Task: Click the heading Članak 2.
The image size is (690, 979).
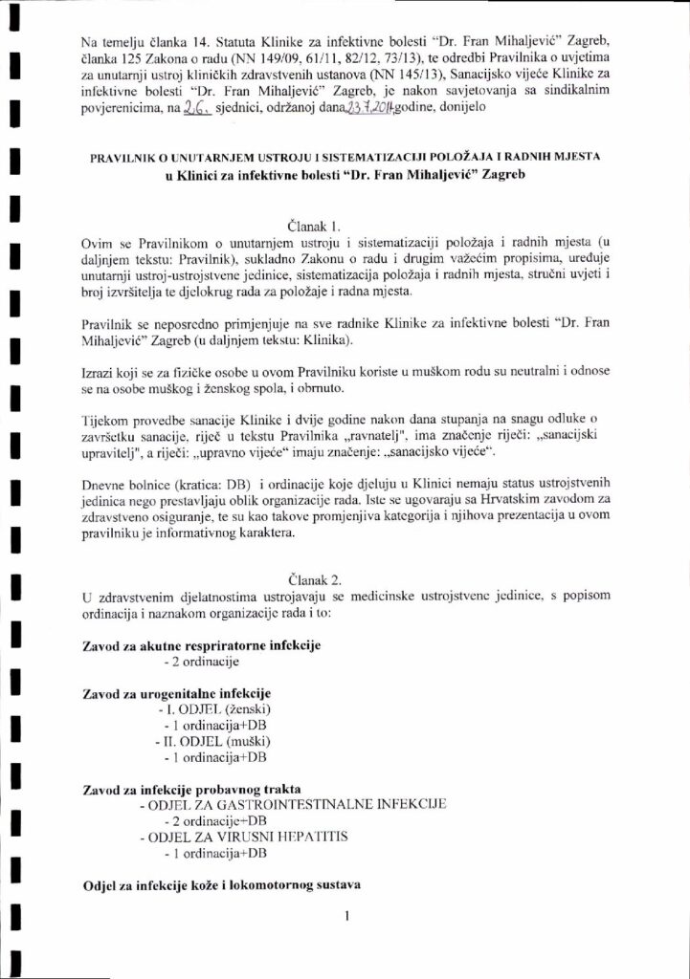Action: point(312,579)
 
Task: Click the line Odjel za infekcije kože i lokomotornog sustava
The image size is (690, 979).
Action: point(208,886)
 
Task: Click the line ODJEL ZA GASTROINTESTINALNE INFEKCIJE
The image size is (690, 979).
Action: point(291,806)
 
